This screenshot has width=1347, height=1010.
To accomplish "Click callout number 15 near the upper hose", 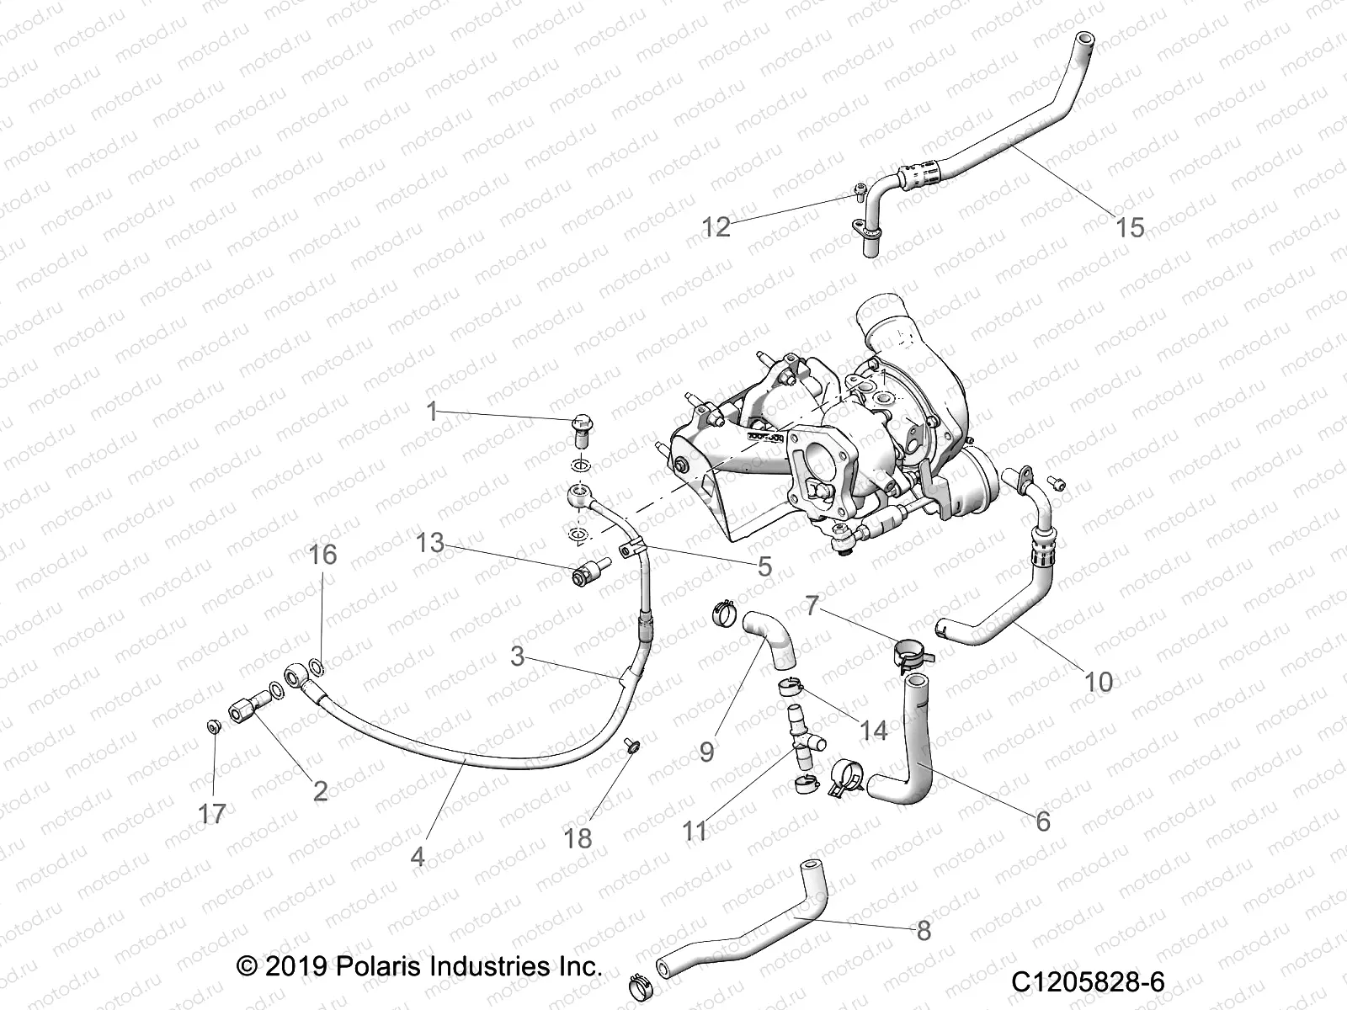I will (1130, 227).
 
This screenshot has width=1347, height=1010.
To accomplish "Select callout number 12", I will (716, 227).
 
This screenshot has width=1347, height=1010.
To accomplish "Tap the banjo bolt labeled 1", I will (581, 429).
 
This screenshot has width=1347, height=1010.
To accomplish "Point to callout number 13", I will (430, 543).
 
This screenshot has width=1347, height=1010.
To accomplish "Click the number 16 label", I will (322, 555).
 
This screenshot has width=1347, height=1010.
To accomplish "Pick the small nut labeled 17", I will (214, 726).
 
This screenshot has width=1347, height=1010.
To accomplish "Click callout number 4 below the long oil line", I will (418, 856).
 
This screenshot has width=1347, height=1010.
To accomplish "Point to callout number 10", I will (1099, 681).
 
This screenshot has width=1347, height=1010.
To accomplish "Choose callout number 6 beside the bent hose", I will (1042, 821).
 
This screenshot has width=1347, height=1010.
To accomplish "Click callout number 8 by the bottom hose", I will (924, 930).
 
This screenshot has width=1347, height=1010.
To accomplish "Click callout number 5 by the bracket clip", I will (764, 566).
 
